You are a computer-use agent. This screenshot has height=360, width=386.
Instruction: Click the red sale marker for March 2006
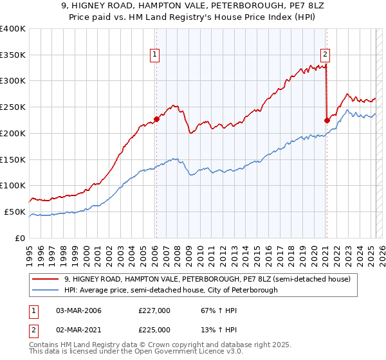156,119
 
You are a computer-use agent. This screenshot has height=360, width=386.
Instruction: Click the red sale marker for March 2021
327,120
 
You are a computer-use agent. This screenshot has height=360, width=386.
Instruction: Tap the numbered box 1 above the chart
156,55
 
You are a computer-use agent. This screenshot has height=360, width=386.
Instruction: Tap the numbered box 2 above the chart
326,55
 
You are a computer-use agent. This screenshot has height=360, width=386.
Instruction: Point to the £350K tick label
13,55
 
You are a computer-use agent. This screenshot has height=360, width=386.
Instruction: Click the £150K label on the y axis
13,159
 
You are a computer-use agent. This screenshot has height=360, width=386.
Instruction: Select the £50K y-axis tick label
15,212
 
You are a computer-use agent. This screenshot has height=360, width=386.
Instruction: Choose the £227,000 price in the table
154,310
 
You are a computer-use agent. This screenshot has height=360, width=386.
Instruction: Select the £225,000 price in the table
154,330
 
